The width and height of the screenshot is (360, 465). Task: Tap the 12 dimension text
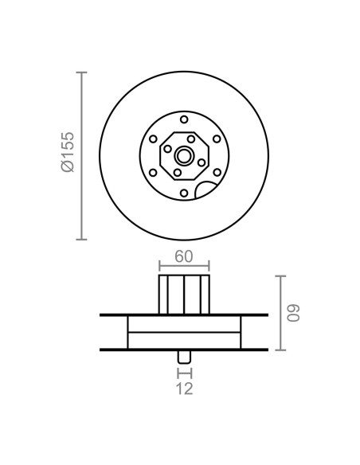(184, 389)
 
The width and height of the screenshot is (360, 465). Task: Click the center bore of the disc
(184, 154)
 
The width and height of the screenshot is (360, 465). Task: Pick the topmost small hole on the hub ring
(184, 119)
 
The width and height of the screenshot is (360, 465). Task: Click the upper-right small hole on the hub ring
(215, 137)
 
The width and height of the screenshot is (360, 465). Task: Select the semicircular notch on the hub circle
(206, 190)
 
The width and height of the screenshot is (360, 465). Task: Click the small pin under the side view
(184, 356)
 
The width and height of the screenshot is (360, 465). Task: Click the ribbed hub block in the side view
(184, 295)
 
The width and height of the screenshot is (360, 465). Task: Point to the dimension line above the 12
(184, 372)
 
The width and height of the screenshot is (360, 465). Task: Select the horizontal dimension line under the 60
(184, 266)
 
